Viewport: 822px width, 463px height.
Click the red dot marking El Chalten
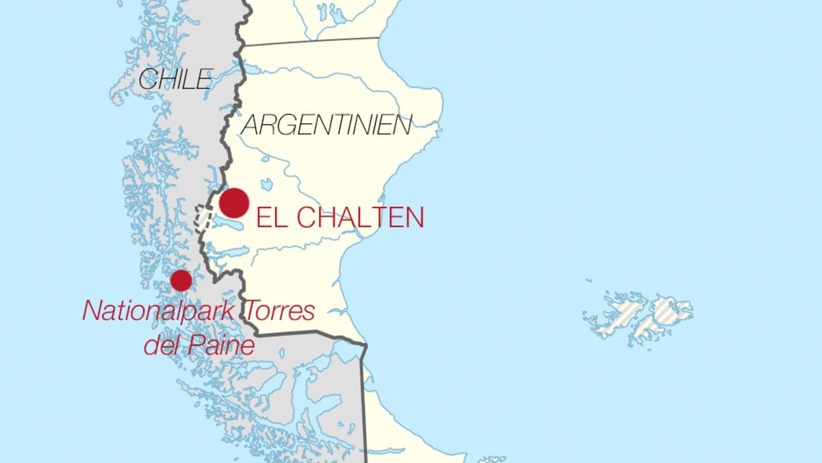pos(234,203)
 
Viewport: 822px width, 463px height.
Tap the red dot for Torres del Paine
pos(181,280)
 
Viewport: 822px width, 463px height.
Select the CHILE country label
pos(176,79)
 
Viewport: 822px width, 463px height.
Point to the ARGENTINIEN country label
pos(327,125)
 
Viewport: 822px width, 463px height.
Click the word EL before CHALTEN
pos(270,218)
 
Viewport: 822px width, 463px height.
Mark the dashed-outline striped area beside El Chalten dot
pos(202,217)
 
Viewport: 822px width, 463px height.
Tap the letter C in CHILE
pos(147,79)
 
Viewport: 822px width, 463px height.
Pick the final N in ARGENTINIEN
pos(403,125)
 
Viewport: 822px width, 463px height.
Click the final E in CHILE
pos(205,79)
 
